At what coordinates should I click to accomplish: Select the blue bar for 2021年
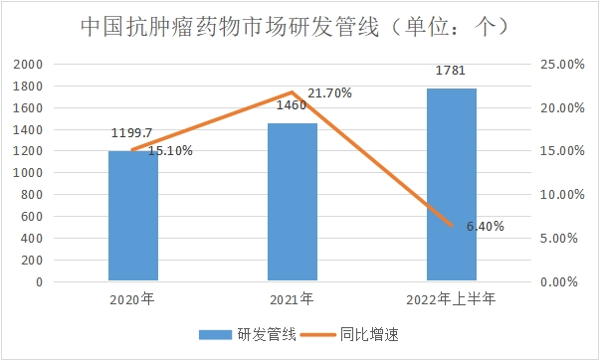coord(293,203)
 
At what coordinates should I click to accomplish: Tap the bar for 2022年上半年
coord(451,185)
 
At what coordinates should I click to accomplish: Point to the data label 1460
coord(292,104)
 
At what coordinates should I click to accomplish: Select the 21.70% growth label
coord(329,92)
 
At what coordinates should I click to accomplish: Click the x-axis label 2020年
coord(133,297)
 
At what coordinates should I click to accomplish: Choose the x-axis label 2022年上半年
coord(451,297)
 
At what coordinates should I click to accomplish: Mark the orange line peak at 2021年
coord(293,92)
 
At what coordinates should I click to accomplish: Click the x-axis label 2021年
coord(293,297)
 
